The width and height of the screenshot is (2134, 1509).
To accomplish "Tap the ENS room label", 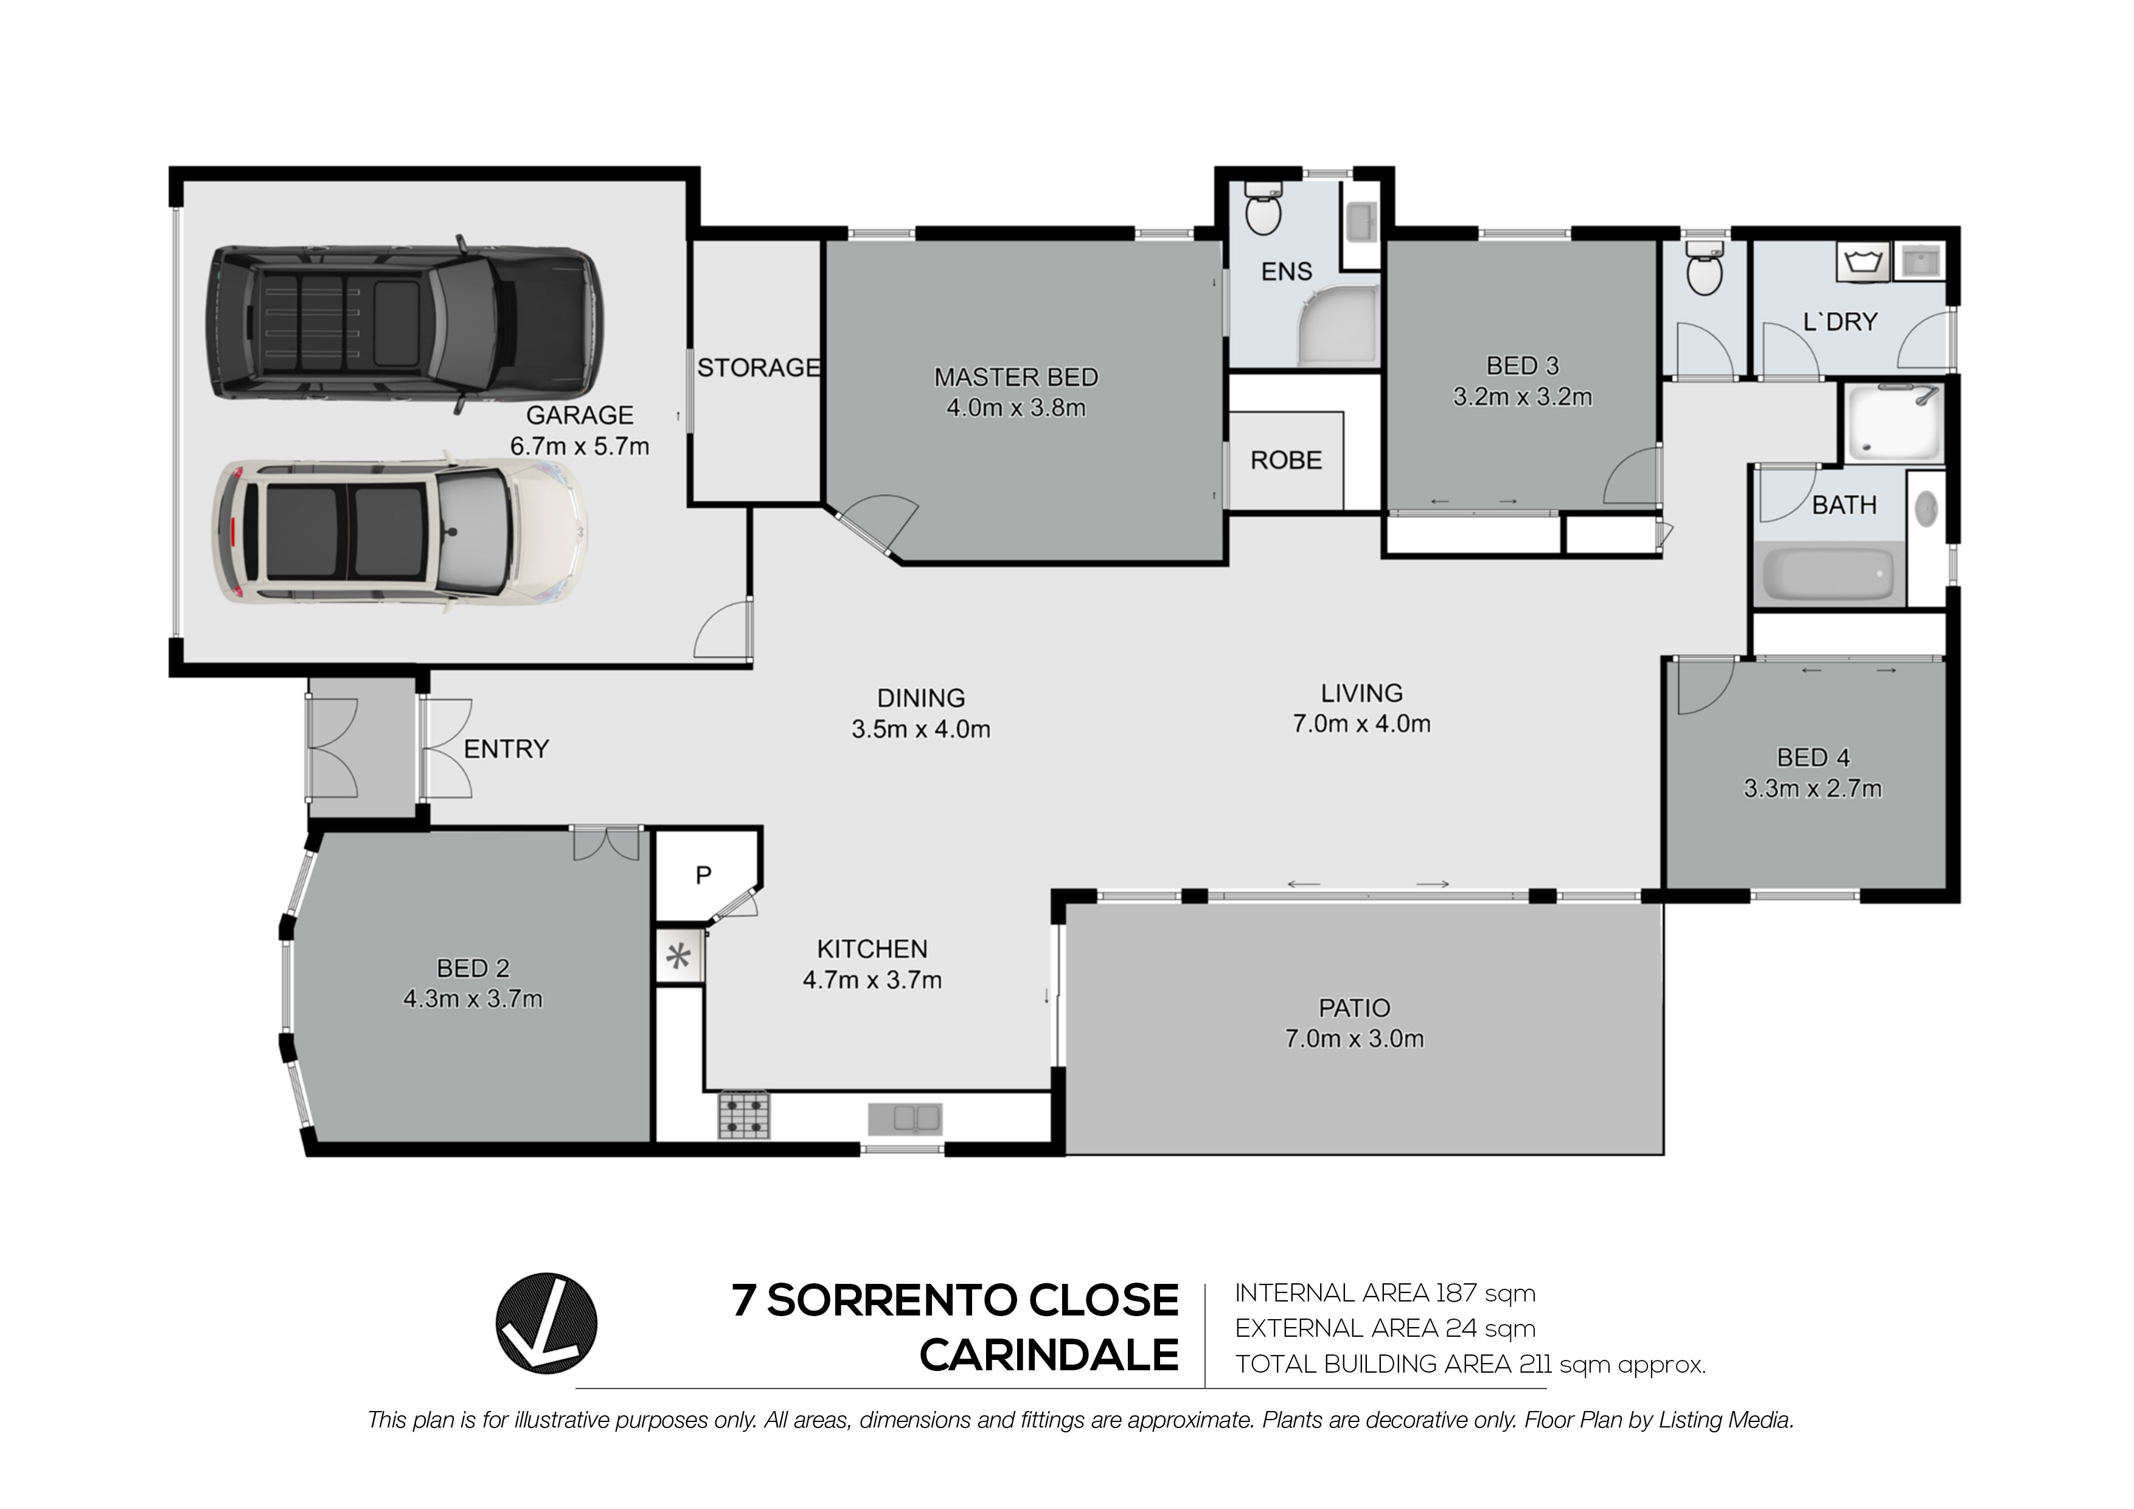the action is point(1287,271).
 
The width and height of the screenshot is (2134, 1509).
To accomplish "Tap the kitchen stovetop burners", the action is point(743,1115).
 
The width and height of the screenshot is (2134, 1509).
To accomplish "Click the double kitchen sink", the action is point(905,1120).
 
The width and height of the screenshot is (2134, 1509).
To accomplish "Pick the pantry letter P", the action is point(704,875).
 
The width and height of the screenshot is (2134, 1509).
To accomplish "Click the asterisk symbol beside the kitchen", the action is point(678,956).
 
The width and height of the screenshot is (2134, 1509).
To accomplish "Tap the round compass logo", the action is point(546,1324).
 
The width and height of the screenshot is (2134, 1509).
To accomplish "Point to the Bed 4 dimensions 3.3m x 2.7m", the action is point(1812,789).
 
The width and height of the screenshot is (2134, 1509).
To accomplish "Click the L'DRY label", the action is point(1840,322).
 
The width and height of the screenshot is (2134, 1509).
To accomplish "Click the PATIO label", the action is point(1354,1008).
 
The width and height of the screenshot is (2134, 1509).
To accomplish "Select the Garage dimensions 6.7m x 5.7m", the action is point(579,446).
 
